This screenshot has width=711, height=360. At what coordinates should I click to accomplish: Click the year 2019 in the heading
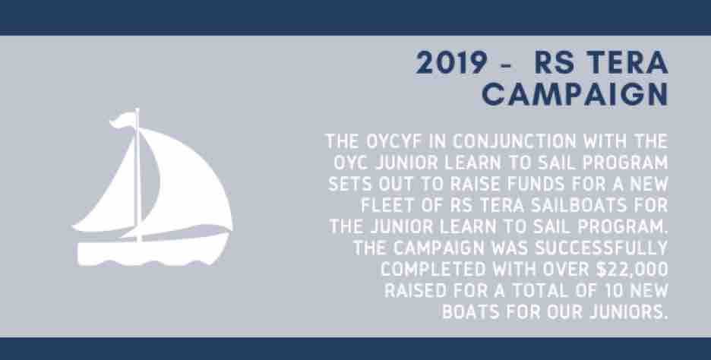pyautogui.click(x=451, y=63)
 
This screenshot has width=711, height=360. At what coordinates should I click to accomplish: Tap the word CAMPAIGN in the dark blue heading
pyautogui.click(x=574, y=95)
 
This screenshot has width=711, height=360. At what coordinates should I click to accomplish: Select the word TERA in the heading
pyautogui.click(x=627, y=63)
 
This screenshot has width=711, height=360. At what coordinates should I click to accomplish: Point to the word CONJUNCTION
pyautogui.click(x=514, y=141)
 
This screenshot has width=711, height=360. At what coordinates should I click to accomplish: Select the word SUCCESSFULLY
pyautogui.click(x=602, y=248)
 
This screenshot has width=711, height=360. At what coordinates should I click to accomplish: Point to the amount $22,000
pyautogui.click(x=632, y=270)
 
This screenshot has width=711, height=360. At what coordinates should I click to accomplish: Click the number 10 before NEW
pyautogui.click(x=615, y=291)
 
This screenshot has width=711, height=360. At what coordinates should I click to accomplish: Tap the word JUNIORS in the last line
pyautogui.click(x=623, y=312)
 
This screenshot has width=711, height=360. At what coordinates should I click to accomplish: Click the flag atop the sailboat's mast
pyautogui.click(x=122, y=119)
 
